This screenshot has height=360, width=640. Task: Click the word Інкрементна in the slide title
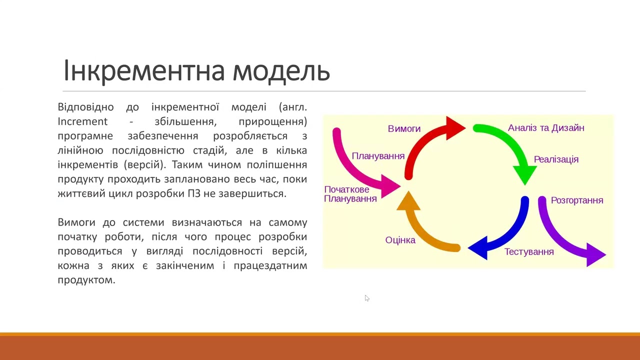[x=144, y=71]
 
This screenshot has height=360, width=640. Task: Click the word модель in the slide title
[x=281, y=71]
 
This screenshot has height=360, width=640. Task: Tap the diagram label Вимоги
[x=404, y=129]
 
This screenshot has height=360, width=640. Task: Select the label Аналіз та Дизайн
[x=546, y=128]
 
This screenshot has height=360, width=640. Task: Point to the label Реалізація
[x=556, y=159]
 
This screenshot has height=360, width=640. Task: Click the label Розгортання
[x=577, y=200]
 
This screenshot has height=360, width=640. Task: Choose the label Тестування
[x=529, y=252]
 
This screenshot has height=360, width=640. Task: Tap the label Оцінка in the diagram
[x=400, y=240]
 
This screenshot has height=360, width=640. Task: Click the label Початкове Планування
[x=350, y=194]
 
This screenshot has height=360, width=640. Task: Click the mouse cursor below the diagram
[x=366, y=298]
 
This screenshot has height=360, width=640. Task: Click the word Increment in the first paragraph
[x=82, y=121]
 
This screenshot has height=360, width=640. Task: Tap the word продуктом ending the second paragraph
[x=86, y=280]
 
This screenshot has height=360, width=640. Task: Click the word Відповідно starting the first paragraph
[x=85, y=107]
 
